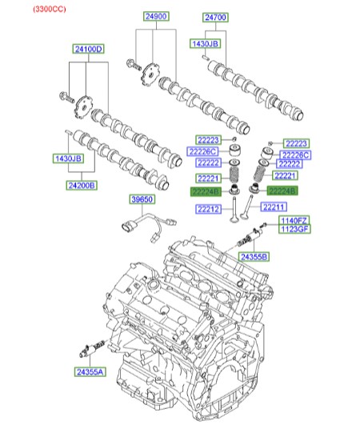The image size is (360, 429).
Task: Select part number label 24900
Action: [157, 16]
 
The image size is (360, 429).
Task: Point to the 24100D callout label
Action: [88, 49]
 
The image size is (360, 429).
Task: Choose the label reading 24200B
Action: [81, 185]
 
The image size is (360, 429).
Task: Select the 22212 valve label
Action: [207, 209]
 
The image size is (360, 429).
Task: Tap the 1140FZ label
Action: [293, 220]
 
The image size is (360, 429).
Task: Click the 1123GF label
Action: [293, 229]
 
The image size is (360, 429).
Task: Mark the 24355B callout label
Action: [254, 256]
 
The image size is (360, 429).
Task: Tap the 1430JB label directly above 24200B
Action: [68, 159]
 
